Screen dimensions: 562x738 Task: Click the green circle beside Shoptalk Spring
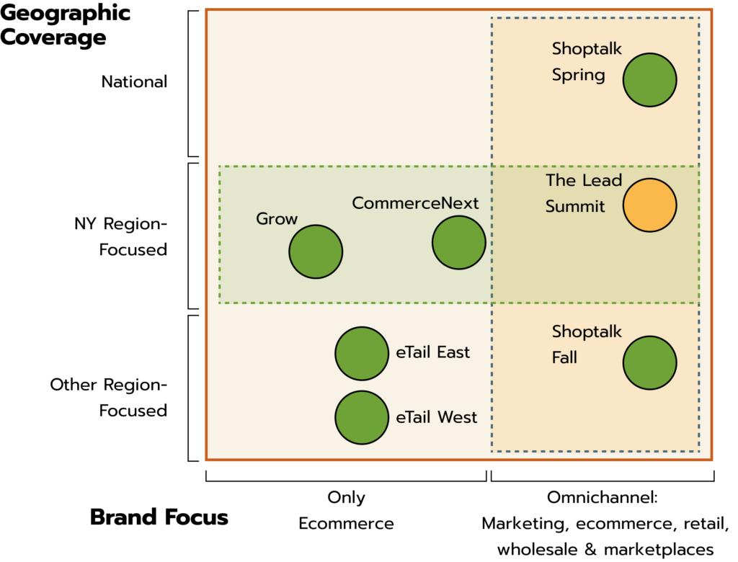point(649,80)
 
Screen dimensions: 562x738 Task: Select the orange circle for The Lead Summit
point(649,205)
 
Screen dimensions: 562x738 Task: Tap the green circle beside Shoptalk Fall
point(649,363)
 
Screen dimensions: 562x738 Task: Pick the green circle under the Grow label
point(316,251)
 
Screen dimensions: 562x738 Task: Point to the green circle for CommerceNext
point(459,243)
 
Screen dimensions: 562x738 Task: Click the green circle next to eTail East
point(362,354)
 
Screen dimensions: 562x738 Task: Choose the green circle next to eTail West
point(362,418)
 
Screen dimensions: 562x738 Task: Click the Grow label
point(277,219)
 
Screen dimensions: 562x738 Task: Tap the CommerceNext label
point(415,203)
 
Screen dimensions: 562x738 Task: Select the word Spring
point(578,76)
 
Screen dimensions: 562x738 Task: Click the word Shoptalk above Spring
point(587,49)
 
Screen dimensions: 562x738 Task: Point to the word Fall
point(564,357)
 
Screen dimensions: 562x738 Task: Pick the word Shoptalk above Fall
point(587,332)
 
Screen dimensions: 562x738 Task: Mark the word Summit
point(574,207)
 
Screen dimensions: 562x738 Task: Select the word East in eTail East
point(453,352)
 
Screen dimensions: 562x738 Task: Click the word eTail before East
point(414,352)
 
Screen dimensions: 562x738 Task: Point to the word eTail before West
point(414,417)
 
